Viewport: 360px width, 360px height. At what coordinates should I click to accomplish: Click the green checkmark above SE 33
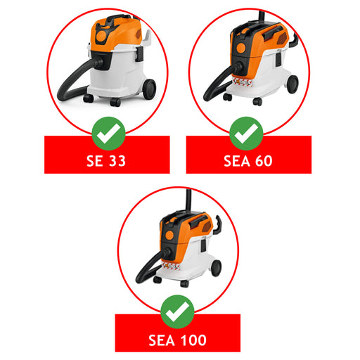point(108,134)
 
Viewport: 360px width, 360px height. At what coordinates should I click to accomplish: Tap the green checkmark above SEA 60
point(246,134)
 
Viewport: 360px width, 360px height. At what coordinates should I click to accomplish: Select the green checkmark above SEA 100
point(177,311)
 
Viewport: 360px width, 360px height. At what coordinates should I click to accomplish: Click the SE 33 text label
point(106,161)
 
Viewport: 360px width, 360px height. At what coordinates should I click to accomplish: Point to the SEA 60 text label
point(248,161)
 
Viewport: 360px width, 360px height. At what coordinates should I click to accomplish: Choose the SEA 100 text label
point(177,340)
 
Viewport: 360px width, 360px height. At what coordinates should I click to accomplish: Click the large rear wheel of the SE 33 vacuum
point(150,89)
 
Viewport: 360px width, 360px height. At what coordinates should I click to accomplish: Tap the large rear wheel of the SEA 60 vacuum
point(292,84)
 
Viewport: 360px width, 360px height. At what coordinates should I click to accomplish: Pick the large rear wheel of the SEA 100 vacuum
point(217,268)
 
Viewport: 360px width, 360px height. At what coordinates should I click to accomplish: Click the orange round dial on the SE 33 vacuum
point(101,36)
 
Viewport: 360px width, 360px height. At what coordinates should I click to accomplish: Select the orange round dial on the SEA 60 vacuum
point(241,48)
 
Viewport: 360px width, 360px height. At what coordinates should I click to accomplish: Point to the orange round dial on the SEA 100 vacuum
point(169,235)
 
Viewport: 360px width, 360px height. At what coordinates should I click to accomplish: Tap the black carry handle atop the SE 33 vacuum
point(117,19)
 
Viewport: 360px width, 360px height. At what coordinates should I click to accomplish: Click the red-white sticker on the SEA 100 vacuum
point(171,266)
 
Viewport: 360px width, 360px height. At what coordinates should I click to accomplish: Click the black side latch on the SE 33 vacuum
point(139,54)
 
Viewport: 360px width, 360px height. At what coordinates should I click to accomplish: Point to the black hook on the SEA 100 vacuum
point(218,225)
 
